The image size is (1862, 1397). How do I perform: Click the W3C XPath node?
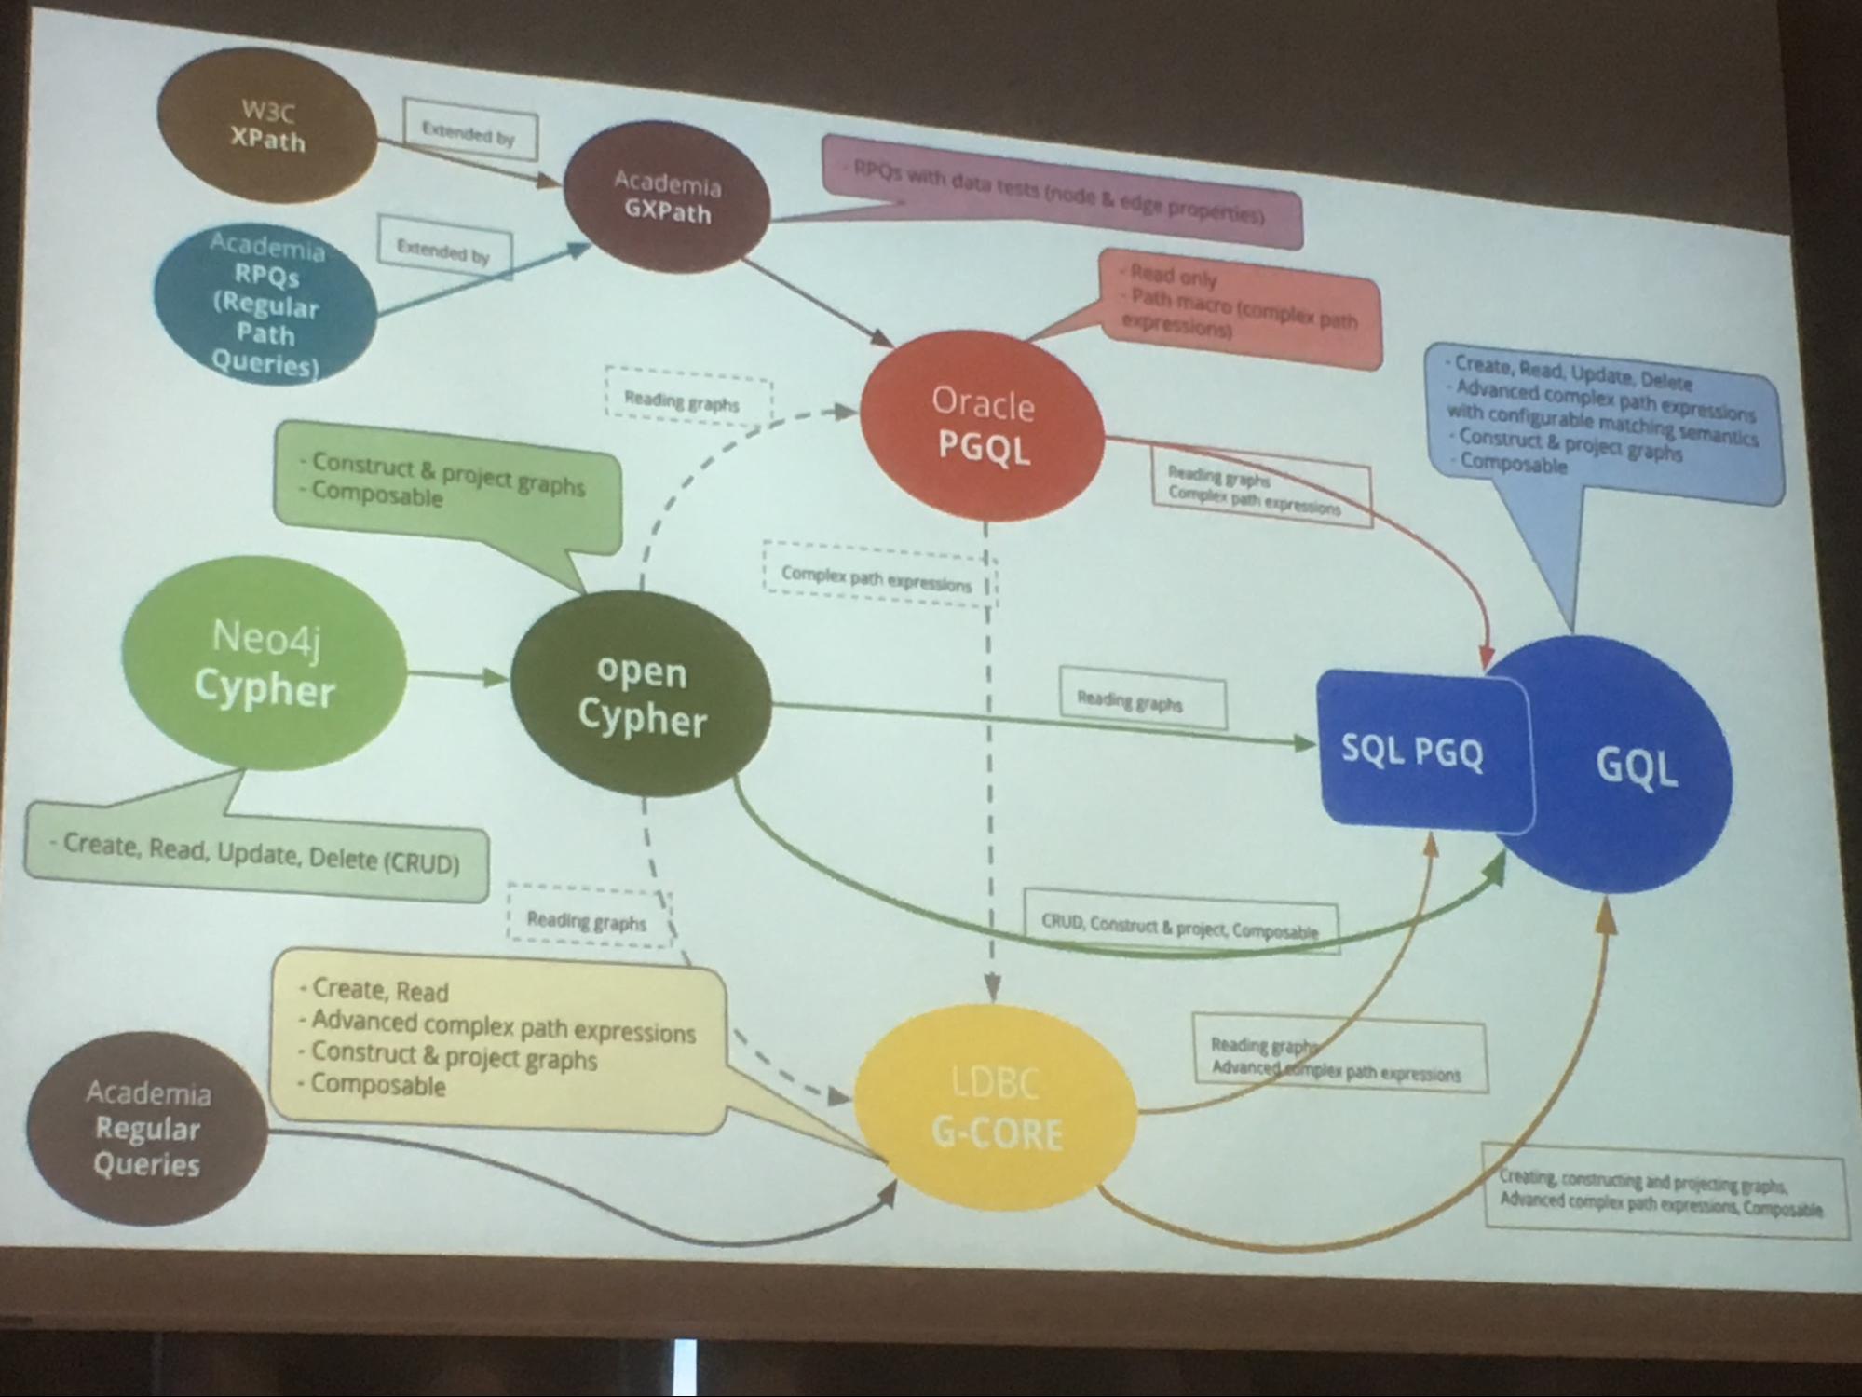[x=267, y=126]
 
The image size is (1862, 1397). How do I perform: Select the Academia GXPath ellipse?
[x=667, y=197]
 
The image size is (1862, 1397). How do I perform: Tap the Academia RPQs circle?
[x=265, y=304]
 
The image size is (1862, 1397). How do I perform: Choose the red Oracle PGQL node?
[x=983, y=427]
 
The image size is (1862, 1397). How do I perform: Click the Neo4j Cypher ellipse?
[x=264, y=664]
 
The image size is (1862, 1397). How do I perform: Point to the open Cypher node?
[x=642, y=695]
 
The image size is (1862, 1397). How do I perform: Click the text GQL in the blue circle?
[x=1637, y=767]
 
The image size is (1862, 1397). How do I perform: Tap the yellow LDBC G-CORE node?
[x=996, y=1108]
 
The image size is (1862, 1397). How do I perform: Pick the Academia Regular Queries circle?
[x=147, y=1129]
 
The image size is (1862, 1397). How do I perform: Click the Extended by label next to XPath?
[x=469, y=133]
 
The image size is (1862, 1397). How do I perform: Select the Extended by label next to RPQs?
[x=443, y=251]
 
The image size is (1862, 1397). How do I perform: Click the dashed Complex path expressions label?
[x=876, y=578]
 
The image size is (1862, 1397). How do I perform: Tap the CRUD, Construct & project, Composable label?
[x=1179, y=926]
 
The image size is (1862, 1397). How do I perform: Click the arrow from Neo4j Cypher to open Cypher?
[x=457, y=675]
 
